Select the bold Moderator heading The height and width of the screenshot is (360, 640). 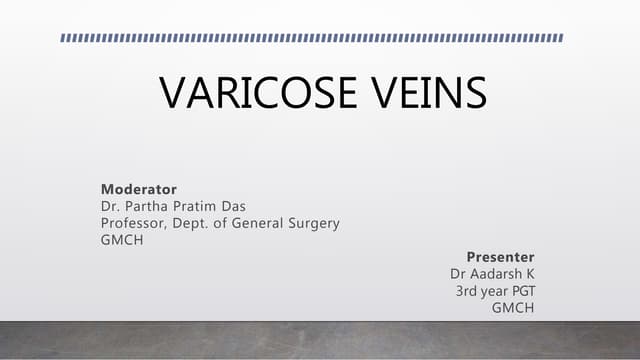coord(139,188)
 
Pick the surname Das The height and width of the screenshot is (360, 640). coord(240,206)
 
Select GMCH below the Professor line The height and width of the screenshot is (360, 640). coord(122,241)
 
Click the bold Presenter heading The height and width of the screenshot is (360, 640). coord(500,256)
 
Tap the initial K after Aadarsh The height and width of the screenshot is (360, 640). coord(530,273)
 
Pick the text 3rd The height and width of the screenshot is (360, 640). coord(467,290)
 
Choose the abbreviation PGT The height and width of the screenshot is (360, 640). coord(521,290)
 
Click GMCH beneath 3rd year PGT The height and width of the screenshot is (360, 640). coord(513,307)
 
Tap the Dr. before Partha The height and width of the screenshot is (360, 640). coord(110,206)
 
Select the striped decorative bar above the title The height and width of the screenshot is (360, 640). coord(312,38)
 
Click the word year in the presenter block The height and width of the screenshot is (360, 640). coord(494,291)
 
